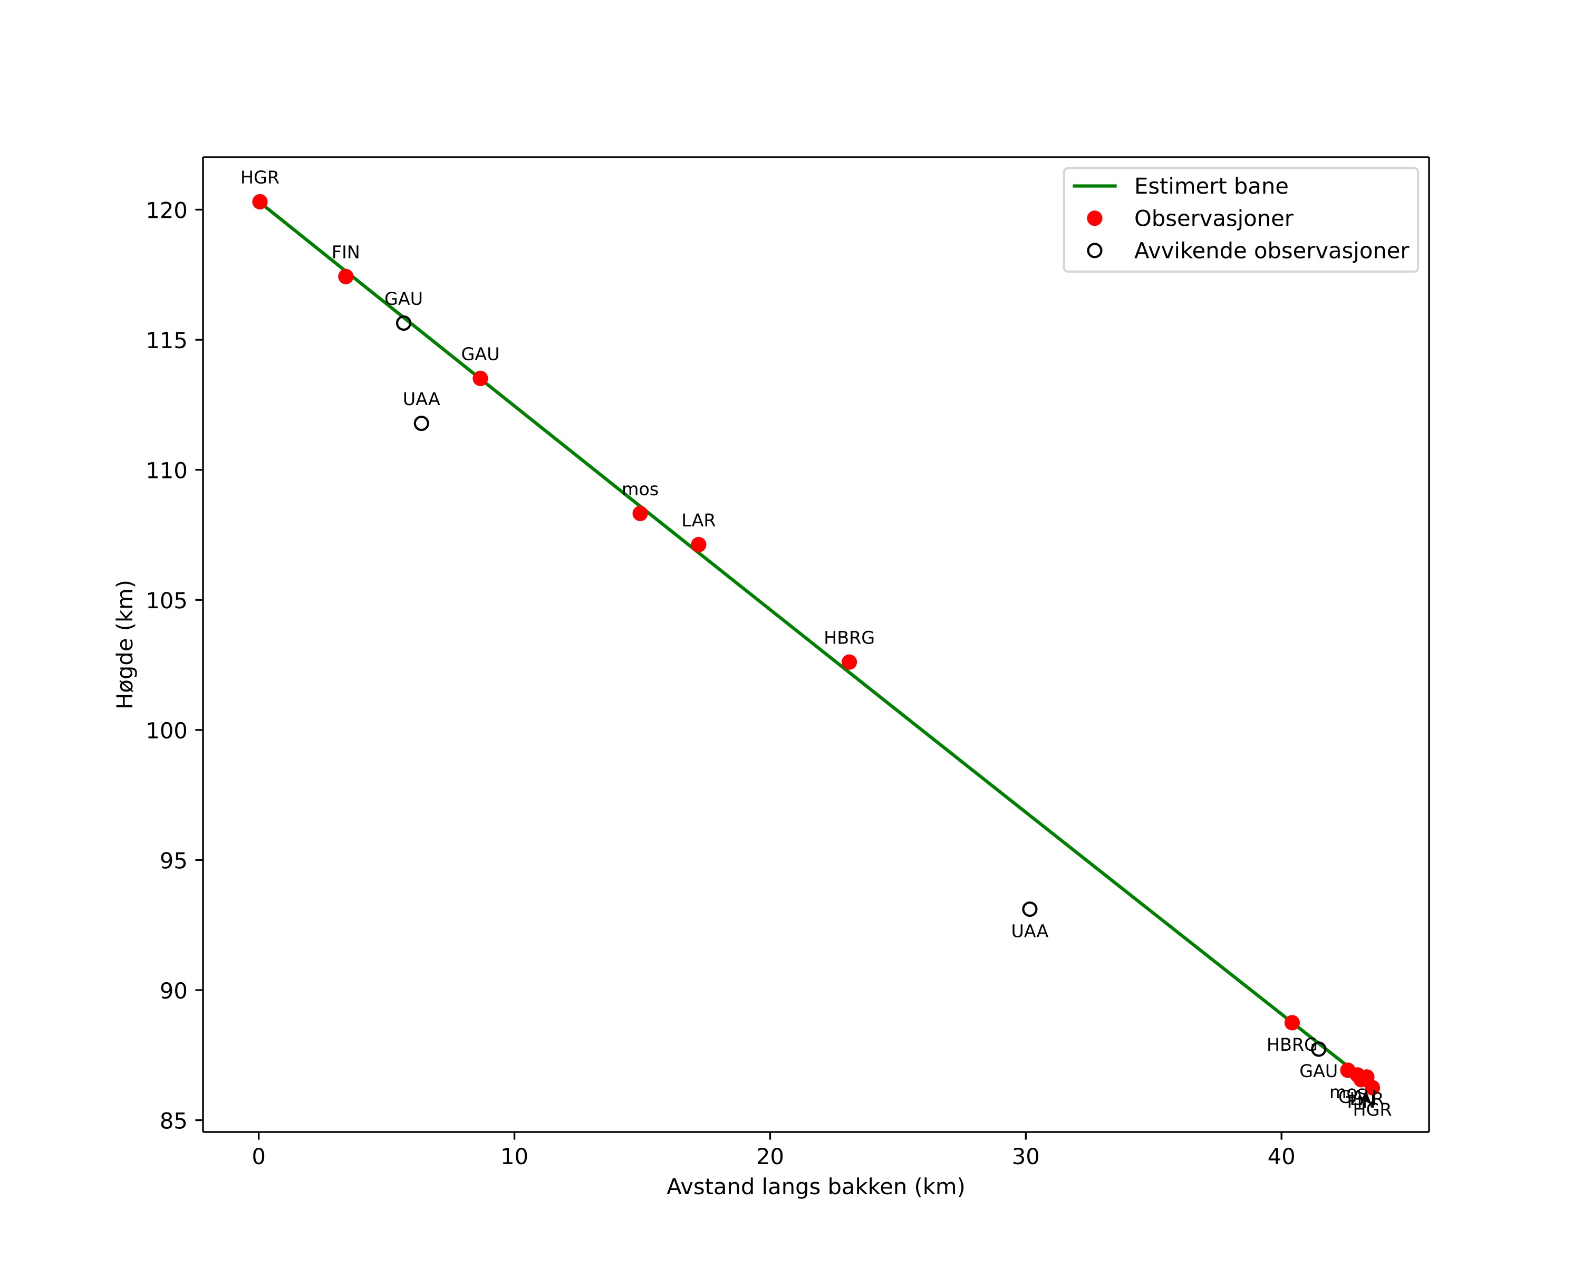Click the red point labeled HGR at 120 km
tap(260, 202)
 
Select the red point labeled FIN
tap(345, 277)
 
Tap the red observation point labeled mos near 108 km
tap(640, 513)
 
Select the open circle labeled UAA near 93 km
tap(1030, 909)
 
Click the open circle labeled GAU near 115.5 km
tap(404, 323)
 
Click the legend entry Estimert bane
tap(1211, 186)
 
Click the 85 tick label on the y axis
tap(173, 1121)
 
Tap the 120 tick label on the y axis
tap(166, 210)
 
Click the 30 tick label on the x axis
tap(1026, 1157)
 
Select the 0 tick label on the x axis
tap(258, 1157)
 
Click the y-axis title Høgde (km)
tap(126, 645)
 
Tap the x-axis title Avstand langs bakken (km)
tap(815, 1187)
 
